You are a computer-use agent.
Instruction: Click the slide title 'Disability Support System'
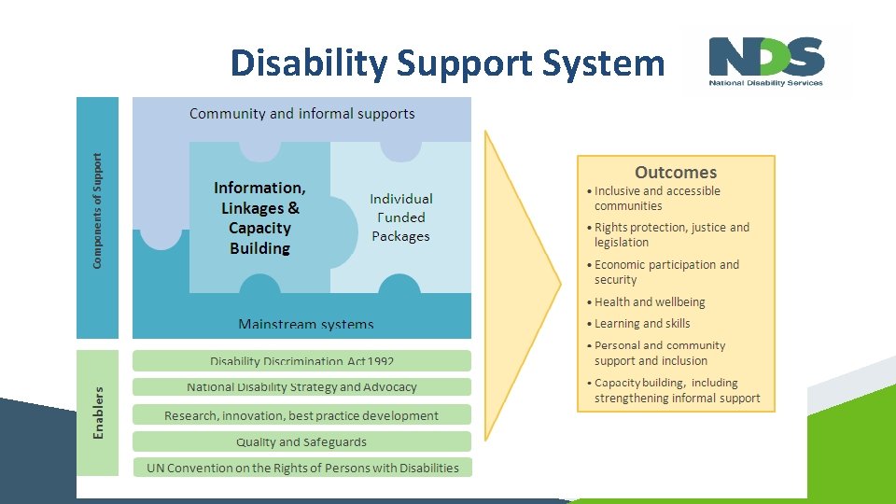coord(447,63)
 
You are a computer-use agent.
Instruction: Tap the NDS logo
coord(766,62)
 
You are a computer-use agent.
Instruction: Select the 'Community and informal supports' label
coord(302,114)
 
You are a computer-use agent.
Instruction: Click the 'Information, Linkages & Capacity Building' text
coord(259,217)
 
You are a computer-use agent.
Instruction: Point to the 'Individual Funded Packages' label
coord(401,217)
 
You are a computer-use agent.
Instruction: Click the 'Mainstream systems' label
coord(306,325)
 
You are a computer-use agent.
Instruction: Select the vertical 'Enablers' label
coord(98,413)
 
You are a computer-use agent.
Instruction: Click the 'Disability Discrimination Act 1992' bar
coord(302,361)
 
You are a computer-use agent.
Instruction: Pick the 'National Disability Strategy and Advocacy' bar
coord(302,387)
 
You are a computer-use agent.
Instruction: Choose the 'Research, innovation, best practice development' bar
coord(302,415)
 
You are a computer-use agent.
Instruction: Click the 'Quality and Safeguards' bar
coord(302,442)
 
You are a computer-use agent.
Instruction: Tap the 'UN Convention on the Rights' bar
coord(302,468)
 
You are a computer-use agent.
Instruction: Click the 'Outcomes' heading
coord(676,173)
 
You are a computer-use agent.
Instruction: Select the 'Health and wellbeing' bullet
coord(650,302)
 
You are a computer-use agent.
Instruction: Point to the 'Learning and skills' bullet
coord(642,324)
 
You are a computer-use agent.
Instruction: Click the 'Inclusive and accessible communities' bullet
coord(657,199)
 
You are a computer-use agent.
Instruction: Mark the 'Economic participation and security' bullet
coord(666,273)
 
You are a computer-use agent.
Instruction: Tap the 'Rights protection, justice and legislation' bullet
coord(672,235)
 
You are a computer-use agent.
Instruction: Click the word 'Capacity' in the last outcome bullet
coord(620,383)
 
